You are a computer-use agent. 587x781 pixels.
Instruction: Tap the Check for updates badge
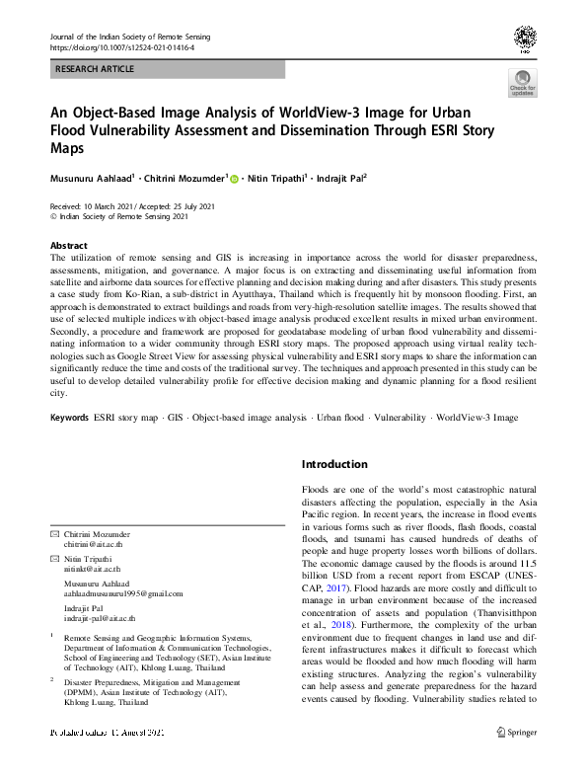[522, 83]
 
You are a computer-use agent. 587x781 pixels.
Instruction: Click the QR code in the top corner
[524, 39]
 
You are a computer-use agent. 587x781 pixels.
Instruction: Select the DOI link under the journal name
[116, 46]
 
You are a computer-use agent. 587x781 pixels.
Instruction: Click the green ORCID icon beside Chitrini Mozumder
[235, 180]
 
